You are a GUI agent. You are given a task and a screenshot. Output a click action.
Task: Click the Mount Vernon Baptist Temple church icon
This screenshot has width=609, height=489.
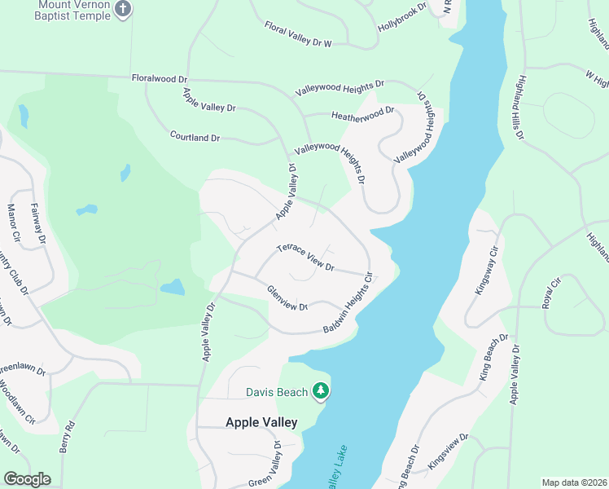click(123, 10)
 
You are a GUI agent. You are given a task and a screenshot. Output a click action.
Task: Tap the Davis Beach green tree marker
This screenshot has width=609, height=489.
click(322, 392)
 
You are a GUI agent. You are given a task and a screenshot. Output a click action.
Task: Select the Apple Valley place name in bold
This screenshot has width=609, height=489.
click(261, 422)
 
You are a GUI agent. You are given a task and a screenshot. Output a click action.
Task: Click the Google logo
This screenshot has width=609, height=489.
click(27, 479)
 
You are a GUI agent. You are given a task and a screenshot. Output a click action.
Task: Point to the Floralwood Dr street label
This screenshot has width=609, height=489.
click(160, 79)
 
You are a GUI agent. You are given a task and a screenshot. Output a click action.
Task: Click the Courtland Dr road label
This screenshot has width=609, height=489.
click(195, 137)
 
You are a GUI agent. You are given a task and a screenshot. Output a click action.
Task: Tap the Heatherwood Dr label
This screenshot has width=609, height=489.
click(362, 114)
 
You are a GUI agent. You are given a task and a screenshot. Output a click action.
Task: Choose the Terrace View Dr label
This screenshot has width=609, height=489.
click(305, 257)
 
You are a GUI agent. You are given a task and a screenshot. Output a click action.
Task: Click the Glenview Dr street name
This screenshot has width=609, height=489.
click(287, 298)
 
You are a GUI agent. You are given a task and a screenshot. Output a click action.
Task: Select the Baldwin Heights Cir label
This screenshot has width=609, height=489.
click(348, 303)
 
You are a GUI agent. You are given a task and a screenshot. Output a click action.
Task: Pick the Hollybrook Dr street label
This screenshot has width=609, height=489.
click(401, 22)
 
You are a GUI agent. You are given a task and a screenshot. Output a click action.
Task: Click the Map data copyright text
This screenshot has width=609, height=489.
click(574, 482)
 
